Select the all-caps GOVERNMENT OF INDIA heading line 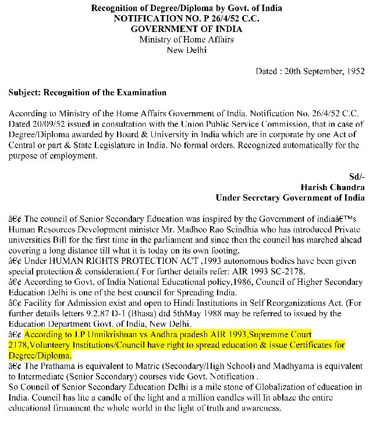(186, 29)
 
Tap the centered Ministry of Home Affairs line (186, 40)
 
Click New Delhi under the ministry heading (186, 50)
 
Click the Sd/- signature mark (357, 177)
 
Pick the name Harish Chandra (333, 187)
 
